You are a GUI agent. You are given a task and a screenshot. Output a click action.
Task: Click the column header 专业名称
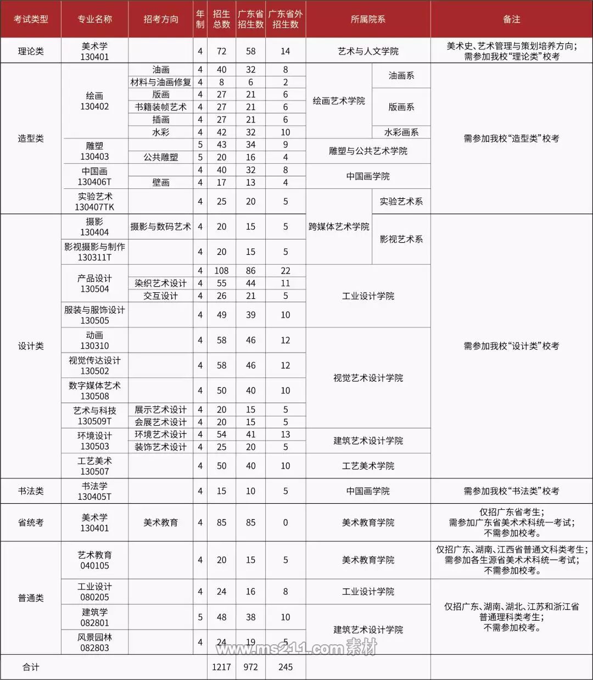coord(94,19)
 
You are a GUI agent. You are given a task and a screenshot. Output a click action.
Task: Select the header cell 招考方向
coord(160,19)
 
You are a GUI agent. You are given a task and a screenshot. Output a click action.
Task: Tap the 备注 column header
coord(511,19)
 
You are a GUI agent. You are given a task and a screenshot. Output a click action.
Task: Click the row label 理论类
coord(31,51)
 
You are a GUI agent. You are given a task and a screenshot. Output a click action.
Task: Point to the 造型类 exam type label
coord(31,138)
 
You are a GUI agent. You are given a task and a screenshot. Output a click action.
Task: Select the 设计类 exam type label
coord(31,346)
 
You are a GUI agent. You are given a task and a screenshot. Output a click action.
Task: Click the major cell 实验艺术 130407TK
coord(94,202)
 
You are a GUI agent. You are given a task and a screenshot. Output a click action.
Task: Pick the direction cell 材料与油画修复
coord(160,82)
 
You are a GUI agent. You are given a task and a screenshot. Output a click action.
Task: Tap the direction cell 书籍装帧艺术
coord(160,107)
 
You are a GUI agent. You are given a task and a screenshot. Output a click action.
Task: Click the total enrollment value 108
coord(221,271)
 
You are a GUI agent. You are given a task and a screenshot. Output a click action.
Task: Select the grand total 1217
coord(221,667)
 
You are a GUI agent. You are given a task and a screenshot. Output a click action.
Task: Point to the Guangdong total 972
coord(251,667)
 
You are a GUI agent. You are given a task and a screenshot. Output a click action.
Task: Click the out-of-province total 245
coord(286,667)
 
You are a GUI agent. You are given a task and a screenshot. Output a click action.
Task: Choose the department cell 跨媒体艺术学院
coord(339,227)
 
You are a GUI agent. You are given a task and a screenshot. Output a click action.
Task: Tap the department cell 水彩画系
coord(401,132)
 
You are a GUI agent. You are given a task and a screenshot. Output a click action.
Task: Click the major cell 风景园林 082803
coord(94,642)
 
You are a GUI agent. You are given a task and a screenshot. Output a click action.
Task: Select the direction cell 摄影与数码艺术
coord(160,227)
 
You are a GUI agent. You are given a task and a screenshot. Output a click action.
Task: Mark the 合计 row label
coord(31,667)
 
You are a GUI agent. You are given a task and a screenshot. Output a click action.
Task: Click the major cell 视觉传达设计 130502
coord(94,365)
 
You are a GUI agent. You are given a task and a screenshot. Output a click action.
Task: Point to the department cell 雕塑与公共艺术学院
coord(368,151)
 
